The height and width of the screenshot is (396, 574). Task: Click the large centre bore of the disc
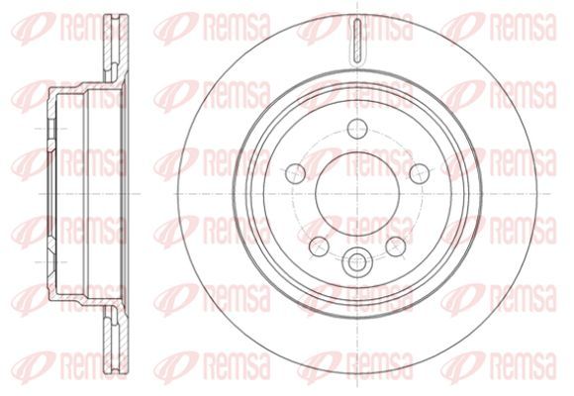point(357,194)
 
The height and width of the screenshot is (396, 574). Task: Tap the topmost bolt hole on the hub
point(357,129)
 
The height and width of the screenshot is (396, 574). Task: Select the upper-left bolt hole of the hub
point(296,173)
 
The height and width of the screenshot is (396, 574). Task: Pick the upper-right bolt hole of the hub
point(420,173)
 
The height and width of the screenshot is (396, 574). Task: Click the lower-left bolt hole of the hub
point(319,247)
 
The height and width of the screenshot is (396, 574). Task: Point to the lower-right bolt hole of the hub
point(396,247)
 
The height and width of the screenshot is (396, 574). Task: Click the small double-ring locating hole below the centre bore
point(355,262)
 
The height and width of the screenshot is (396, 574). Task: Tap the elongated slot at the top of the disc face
point(357,42)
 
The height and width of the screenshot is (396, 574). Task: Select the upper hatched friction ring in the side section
point(116,48)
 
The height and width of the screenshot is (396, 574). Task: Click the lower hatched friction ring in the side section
point(116,341)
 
